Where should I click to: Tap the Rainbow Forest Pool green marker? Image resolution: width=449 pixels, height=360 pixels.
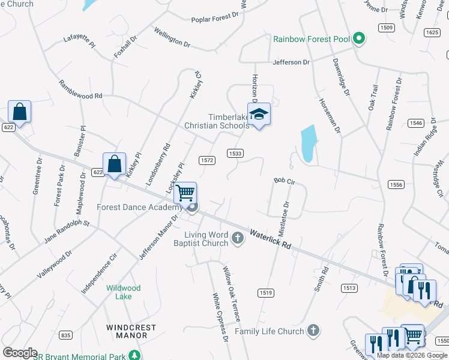[359, 40]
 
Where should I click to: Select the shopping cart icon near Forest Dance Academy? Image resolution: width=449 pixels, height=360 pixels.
[185, 193]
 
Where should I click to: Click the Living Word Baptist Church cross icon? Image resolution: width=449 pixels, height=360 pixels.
[238, 238]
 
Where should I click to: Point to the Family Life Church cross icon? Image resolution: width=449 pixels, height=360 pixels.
[313, 331]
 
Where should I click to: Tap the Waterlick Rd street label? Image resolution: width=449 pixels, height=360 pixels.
[270, 238]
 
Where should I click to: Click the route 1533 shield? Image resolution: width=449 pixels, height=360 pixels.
[235, 154]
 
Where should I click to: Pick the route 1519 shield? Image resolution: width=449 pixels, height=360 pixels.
[266, 292]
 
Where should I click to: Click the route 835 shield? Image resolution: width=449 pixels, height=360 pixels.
[65, 334]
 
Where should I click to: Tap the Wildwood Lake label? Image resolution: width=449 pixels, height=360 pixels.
[124, 292]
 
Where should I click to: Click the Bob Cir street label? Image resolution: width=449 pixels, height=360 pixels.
[285, 181]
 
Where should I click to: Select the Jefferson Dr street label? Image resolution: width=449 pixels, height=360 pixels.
[291, 62]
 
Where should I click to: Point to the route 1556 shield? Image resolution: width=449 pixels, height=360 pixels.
[395, 185]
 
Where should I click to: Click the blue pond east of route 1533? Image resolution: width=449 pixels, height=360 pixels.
[307, 143]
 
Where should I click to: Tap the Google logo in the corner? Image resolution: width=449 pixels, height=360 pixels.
[20, 353]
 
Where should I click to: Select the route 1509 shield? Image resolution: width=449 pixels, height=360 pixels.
[386, 28]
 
